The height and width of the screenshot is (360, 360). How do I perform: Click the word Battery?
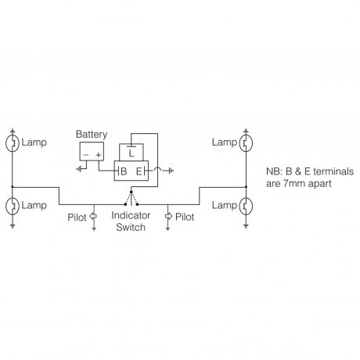(92, 134)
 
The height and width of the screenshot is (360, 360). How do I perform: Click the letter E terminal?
(140, 170)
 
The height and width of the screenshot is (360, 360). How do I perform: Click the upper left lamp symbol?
(13, 143)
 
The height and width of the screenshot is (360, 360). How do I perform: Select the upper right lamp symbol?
(246, 143)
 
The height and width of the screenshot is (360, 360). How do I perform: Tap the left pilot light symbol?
(93, 214)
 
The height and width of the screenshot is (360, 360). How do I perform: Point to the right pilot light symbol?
(168, 214)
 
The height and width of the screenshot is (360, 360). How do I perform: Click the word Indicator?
(130, 214)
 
